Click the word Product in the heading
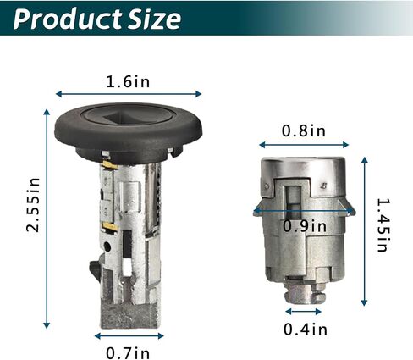click(x=68, y=19)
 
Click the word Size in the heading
click(x=154, y=19)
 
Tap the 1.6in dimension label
click(x=128, y=82)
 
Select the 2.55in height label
click(x=33, y=205)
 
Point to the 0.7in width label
click(x=128, y=353)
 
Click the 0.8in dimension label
click(x=304, y=131)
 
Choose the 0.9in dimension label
click(x=305, y=226)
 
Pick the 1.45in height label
click(x=383, y=225)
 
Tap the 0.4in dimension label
click(x=306, y=330)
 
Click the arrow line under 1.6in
click(x=129, y=94)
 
